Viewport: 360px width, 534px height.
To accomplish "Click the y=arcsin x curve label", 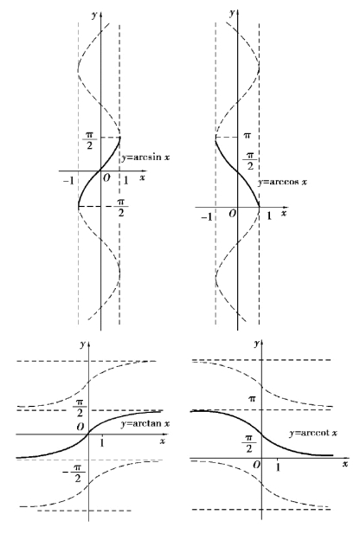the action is [x=145, y=158].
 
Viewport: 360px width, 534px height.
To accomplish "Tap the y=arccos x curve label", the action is [x=282, y=182].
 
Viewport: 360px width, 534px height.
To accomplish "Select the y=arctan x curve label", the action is [x=145, y=424].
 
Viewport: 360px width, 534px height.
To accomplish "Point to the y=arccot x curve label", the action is [x=313, y=434].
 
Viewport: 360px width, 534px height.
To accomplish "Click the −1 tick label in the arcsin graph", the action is [x=68, y=181].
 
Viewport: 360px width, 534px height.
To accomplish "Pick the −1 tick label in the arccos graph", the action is [x=207, y=217].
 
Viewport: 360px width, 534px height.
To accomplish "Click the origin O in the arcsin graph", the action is [x=106, y=178].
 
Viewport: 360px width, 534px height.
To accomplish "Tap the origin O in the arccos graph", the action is [x=233, y=214].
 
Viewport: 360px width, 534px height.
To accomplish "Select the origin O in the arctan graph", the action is [x=80, y=427].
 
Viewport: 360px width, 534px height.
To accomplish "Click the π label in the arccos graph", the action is [x=247, y=136].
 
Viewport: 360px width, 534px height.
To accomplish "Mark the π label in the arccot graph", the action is [x=252, y=398].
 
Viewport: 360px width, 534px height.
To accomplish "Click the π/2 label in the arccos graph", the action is [x=250, y=161].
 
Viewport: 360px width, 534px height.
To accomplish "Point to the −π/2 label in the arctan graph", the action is [x=75, y=473].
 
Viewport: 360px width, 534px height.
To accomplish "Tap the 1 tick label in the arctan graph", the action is [x=102, y=443].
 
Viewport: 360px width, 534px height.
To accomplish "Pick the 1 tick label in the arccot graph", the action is [x=279, y=467].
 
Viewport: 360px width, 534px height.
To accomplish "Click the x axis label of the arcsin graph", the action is [x=142, y=177].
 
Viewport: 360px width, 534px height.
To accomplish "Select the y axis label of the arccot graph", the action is [x=257, y=344].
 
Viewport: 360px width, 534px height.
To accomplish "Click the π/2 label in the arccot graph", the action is [x=249, y=444].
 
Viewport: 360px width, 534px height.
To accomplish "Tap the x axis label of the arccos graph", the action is [x=284, y=214].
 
